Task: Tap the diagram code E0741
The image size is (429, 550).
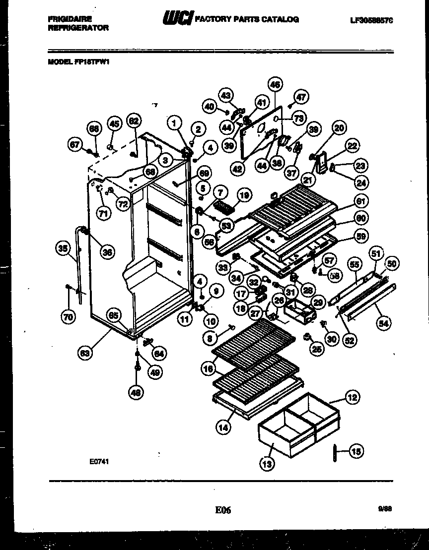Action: (99, 461)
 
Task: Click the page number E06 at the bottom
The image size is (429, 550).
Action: (223, 509)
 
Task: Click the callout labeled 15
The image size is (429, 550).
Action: (356, 451)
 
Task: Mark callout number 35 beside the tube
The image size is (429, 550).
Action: (64, 249)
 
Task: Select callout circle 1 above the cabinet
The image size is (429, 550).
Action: (174, 122)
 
